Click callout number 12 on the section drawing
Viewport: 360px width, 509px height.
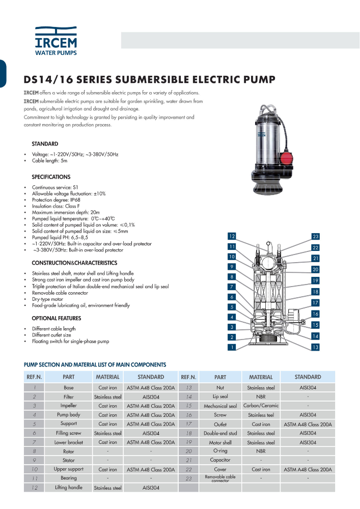tap(232, 237)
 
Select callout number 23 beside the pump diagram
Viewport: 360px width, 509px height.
tap(315, 237)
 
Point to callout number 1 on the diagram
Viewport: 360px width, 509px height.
tap(232, 347)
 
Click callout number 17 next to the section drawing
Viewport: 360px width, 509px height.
tap(315, 302)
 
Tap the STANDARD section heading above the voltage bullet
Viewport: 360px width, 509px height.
tap(45, 144)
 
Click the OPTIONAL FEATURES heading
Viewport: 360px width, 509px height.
tap(57, 318)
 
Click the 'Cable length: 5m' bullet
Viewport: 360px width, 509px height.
tap(49, 160)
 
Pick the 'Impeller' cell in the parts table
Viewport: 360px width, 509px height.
tap(68, 406)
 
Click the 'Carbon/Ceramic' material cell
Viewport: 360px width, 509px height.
tap(261, 406)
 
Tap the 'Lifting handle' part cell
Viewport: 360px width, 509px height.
tap(68, 488)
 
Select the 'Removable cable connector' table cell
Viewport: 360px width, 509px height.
tap(220, 478)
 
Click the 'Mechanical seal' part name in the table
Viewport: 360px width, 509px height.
tap(220, 406)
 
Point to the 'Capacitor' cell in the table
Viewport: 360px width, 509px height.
tap(220, 460)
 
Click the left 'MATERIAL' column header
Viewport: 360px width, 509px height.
tap(107, 377)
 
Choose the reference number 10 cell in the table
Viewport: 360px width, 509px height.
tap(34, 469)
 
